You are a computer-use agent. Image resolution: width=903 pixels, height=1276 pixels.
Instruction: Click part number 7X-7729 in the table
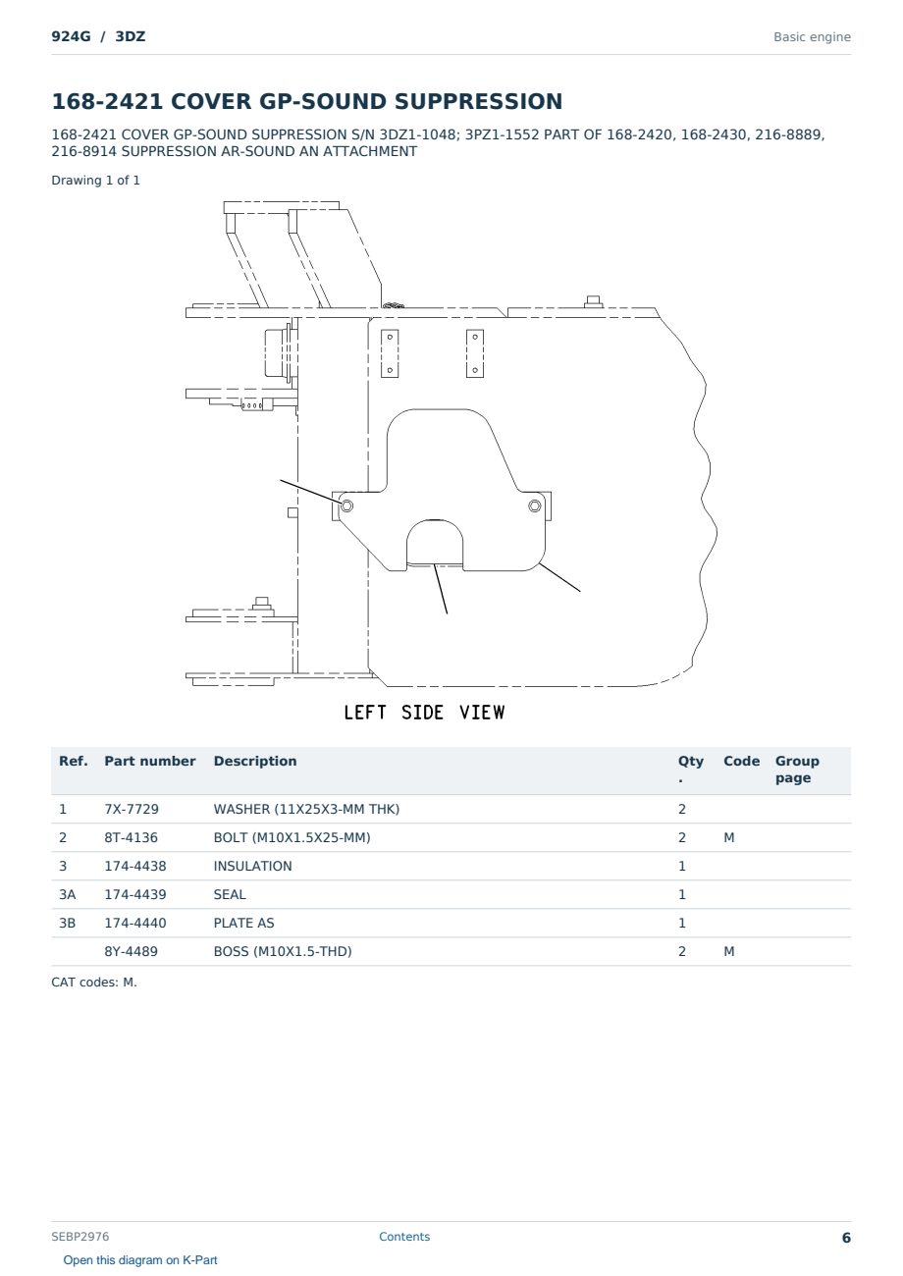tap(132, 809)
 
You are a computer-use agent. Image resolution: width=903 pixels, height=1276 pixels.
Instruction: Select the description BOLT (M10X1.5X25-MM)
tap(292, 837)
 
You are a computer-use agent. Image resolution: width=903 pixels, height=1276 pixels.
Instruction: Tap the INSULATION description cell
tap(252, 866)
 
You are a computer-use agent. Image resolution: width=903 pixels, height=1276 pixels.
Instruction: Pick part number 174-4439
tap(135, 894)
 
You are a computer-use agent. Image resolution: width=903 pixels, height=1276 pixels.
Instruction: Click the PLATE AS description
tap(243, 923)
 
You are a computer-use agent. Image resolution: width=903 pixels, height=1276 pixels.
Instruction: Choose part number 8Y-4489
tap(132, 951)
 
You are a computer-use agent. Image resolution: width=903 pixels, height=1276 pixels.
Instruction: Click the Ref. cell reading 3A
tap(67, 894)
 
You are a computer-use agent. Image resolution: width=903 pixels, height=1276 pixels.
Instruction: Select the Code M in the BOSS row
tap(728, 951)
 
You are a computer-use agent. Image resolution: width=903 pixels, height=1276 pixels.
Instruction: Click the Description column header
tap(255, 761)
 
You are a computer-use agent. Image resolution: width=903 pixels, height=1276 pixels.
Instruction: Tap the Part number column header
tap(150, 761)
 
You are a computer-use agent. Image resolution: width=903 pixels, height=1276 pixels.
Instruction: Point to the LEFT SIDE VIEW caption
tap(424, 713)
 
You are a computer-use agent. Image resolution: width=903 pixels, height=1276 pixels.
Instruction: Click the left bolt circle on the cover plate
tap(346, 505)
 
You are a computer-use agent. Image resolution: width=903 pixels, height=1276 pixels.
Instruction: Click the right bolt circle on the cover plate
tap(534, 505)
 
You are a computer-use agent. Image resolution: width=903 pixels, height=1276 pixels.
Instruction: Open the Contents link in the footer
tap(404, 1237)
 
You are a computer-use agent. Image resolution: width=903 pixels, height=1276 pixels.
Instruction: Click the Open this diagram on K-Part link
tap(140, 1260)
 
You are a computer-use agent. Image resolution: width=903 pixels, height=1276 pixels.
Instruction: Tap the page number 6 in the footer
tap(846, 1238)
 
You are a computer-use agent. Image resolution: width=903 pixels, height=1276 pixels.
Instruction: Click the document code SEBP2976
tap(80, 1237)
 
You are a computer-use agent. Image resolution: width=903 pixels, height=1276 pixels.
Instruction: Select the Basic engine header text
tap(812, 37)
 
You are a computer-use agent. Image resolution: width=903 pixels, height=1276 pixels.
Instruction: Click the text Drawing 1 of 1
tap(96, 181)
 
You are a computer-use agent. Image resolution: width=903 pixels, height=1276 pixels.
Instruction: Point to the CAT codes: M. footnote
tap(94, 983)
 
